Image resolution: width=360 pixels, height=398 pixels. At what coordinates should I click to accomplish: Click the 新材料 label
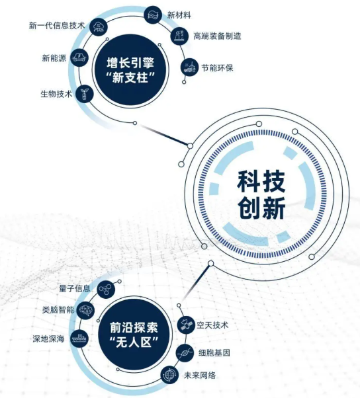click(179, 15)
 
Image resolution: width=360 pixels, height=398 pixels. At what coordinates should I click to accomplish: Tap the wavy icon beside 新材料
click(153, 15)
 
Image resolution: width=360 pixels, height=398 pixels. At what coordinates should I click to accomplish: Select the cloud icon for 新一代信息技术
click(99, 27)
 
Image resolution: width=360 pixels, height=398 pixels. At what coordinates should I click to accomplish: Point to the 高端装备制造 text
click(217, 36)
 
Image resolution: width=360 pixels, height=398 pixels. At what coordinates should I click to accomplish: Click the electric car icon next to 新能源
click(79, 58)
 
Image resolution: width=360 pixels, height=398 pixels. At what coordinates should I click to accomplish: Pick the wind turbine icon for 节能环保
click(189, 67)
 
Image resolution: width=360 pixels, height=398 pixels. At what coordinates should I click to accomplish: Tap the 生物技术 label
click(56, 94)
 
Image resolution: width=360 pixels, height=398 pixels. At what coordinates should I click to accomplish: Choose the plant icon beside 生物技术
click(85, 94)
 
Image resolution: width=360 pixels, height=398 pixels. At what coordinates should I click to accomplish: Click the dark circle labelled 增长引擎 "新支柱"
click(130, 70)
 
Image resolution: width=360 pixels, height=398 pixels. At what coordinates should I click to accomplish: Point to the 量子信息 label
click(75, 288)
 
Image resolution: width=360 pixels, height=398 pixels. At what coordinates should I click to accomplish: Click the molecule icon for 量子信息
click(106, 290)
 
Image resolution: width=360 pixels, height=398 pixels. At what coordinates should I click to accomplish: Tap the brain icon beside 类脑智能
click(85, 310)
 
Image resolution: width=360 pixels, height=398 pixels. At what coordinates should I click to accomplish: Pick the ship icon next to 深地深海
click(79, 338)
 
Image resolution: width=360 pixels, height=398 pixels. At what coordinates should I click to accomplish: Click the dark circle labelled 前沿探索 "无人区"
click(134, 335)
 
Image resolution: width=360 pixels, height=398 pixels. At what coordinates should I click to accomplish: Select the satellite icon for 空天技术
click(186, 325)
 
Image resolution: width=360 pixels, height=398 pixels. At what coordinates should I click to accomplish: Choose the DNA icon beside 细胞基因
click(185, 353)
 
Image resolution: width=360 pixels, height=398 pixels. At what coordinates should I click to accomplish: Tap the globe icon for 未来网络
click(170, 375)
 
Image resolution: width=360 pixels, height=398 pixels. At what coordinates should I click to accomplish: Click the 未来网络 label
click(200, 375)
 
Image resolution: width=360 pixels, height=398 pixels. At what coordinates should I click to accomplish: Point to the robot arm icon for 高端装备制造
click(179, 36)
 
